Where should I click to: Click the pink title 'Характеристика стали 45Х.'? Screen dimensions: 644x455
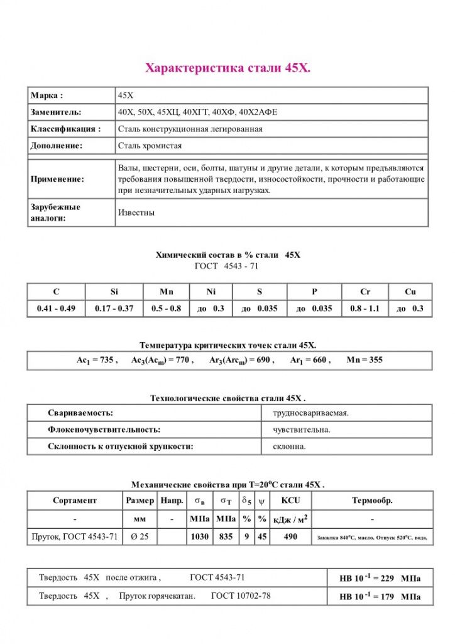[x=227, y=67]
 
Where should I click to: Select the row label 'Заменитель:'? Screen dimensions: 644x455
[x=56, y=112]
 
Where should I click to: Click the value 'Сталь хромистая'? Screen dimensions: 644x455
[x=150, y=145]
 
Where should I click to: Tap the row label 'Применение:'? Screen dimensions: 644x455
[x=57, y=179]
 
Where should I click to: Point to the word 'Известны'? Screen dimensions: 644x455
[x=136, y=213]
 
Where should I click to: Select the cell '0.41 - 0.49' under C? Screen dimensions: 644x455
[x=56, y=309]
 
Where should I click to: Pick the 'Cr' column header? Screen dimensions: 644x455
[x=365, y=291]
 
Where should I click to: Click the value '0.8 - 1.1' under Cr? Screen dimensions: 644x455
[x=365, y=309]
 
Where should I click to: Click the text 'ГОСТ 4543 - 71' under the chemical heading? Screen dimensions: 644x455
[x=227, y=266]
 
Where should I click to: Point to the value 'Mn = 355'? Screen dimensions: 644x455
[x=365, y=360]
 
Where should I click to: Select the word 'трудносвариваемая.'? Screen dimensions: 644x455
[x=310, y=413]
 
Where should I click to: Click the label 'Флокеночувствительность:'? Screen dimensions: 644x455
[x=104, y=430]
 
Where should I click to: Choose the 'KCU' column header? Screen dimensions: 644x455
[x=290, y=501]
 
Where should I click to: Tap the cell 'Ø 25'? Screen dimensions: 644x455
[x=139, y=537]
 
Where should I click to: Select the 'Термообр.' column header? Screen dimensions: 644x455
[x=372, y=501]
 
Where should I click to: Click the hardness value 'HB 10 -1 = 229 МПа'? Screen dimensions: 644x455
[x=380, y=579]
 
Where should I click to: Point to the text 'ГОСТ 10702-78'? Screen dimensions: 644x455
[x=241, y=596]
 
